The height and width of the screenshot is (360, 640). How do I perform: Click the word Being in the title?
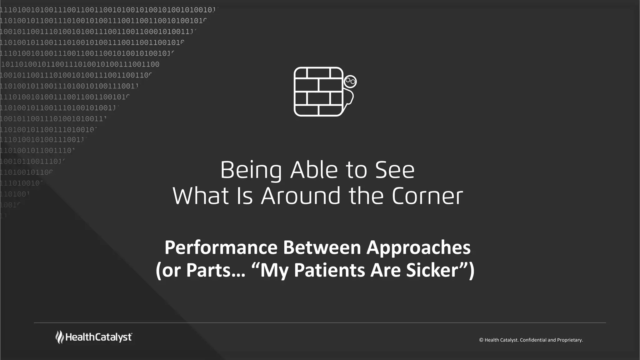251,170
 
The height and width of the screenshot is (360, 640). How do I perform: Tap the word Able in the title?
314,170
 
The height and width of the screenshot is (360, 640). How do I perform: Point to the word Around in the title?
300,196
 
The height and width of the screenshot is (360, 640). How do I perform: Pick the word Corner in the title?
427,196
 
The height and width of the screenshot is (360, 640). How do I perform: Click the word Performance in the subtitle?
221,247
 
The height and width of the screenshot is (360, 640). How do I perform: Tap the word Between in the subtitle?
322,247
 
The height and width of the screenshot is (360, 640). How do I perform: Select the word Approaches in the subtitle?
418,247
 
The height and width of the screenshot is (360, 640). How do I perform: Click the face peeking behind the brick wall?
350,82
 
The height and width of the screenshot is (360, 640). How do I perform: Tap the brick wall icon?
318,92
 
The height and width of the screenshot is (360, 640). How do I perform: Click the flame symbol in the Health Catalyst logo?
59,337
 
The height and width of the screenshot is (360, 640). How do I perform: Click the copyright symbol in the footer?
481,340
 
